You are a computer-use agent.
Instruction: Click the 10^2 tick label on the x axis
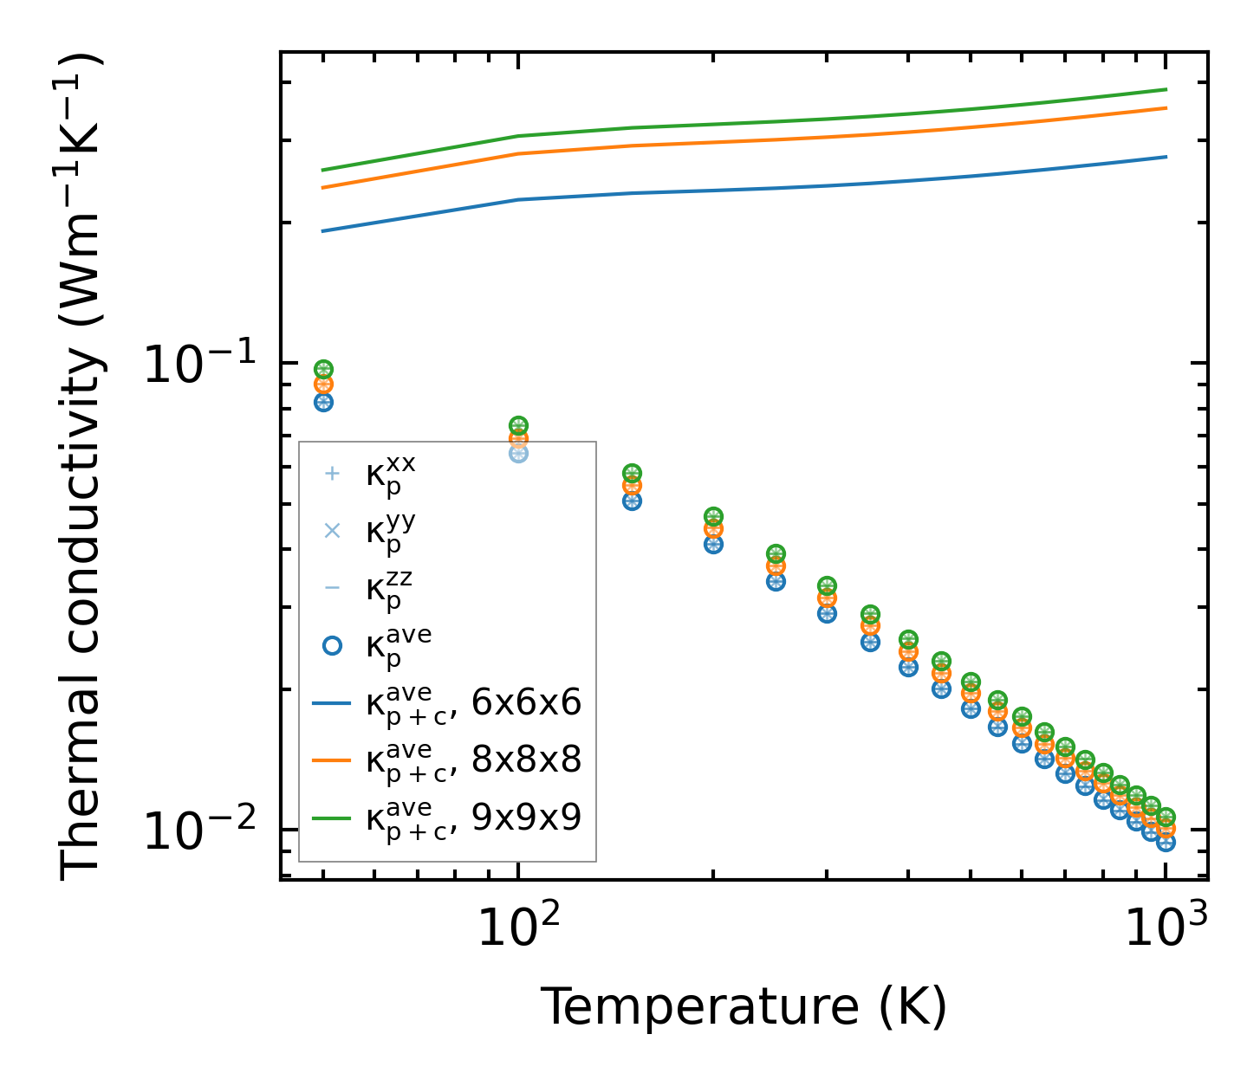[x=518, y=928]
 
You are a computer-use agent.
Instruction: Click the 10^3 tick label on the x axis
[x=1166, y=928]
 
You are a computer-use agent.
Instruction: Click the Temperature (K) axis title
[x=744, y=1007]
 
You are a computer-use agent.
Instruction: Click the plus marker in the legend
[x=331, y=474]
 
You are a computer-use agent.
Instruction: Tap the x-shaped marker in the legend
[x=331, y=530]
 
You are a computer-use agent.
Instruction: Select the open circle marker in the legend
[x=331, y=645]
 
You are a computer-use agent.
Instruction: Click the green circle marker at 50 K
[x=323, y=370]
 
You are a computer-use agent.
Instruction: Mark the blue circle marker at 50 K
[x=323, y=402]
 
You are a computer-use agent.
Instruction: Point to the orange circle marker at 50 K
[x=323, y=385]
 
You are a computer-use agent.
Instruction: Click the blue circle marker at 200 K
[x=713, y=544]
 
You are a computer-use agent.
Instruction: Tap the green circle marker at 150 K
[x=632, y=474]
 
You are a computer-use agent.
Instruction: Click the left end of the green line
[x=323, y=170]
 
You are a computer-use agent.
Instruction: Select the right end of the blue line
[x=1166, y=157]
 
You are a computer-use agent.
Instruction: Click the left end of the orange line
[x=323, y=187]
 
